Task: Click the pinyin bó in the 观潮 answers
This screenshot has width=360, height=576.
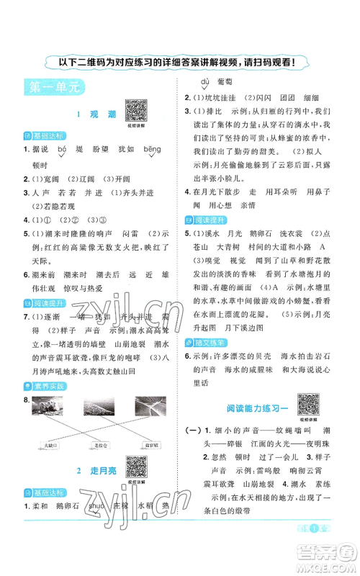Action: point(61,148)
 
